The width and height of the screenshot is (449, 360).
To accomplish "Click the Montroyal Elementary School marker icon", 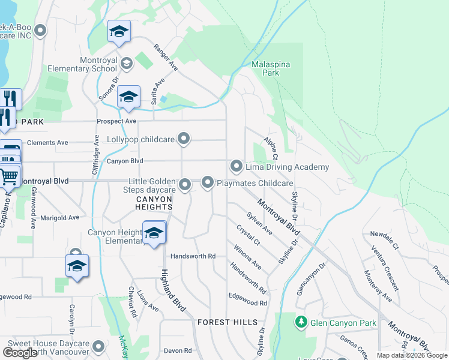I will pos(127,63).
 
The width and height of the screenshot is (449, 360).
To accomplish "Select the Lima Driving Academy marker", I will pos(237,166).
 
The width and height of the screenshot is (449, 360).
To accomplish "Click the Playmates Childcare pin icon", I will pos(208,182).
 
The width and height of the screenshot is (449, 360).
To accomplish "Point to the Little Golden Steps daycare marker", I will pos(185,185).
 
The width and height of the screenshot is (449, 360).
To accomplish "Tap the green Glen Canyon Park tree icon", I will pos(301,323).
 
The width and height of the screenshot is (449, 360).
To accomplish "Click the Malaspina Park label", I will pos(265,68).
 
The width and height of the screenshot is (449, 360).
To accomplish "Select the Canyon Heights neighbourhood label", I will pos(154,203).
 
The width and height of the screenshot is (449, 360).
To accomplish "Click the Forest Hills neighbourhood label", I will pos(227,322).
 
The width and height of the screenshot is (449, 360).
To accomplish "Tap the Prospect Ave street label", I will pos(116,121).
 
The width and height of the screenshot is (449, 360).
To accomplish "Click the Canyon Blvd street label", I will pos(125,161).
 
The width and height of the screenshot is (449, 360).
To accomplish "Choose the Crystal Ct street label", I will pos(247,235).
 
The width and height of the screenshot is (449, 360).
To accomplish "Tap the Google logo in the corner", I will pos(20,353).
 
